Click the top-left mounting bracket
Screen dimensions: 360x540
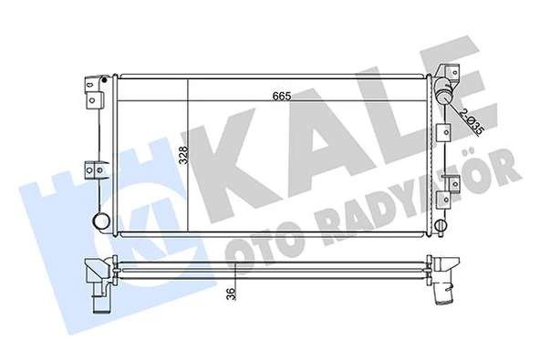click(94, 87)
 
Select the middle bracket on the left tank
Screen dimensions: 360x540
click(94, 170)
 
